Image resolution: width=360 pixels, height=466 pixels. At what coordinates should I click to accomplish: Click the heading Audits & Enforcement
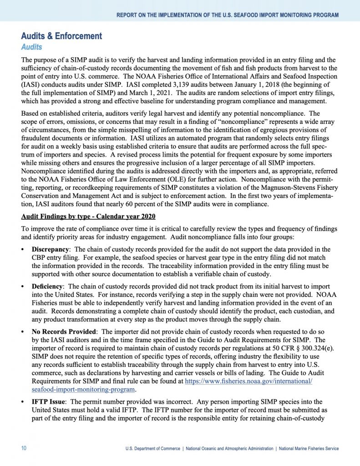[61, 36]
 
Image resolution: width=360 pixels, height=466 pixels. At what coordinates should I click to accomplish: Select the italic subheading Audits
[31, 47]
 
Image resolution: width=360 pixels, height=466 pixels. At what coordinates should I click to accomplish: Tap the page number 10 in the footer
[24, 448]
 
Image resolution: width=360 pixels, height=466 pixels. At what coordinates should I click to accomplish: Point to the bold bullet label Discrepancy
[50, 249]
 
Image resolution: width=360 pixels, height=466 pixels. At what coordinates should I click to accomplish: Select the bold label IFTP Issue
[49, 401]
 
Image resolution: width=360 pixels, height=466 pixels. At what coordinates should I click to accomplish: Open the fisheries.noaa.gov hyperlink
[248, 380]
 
